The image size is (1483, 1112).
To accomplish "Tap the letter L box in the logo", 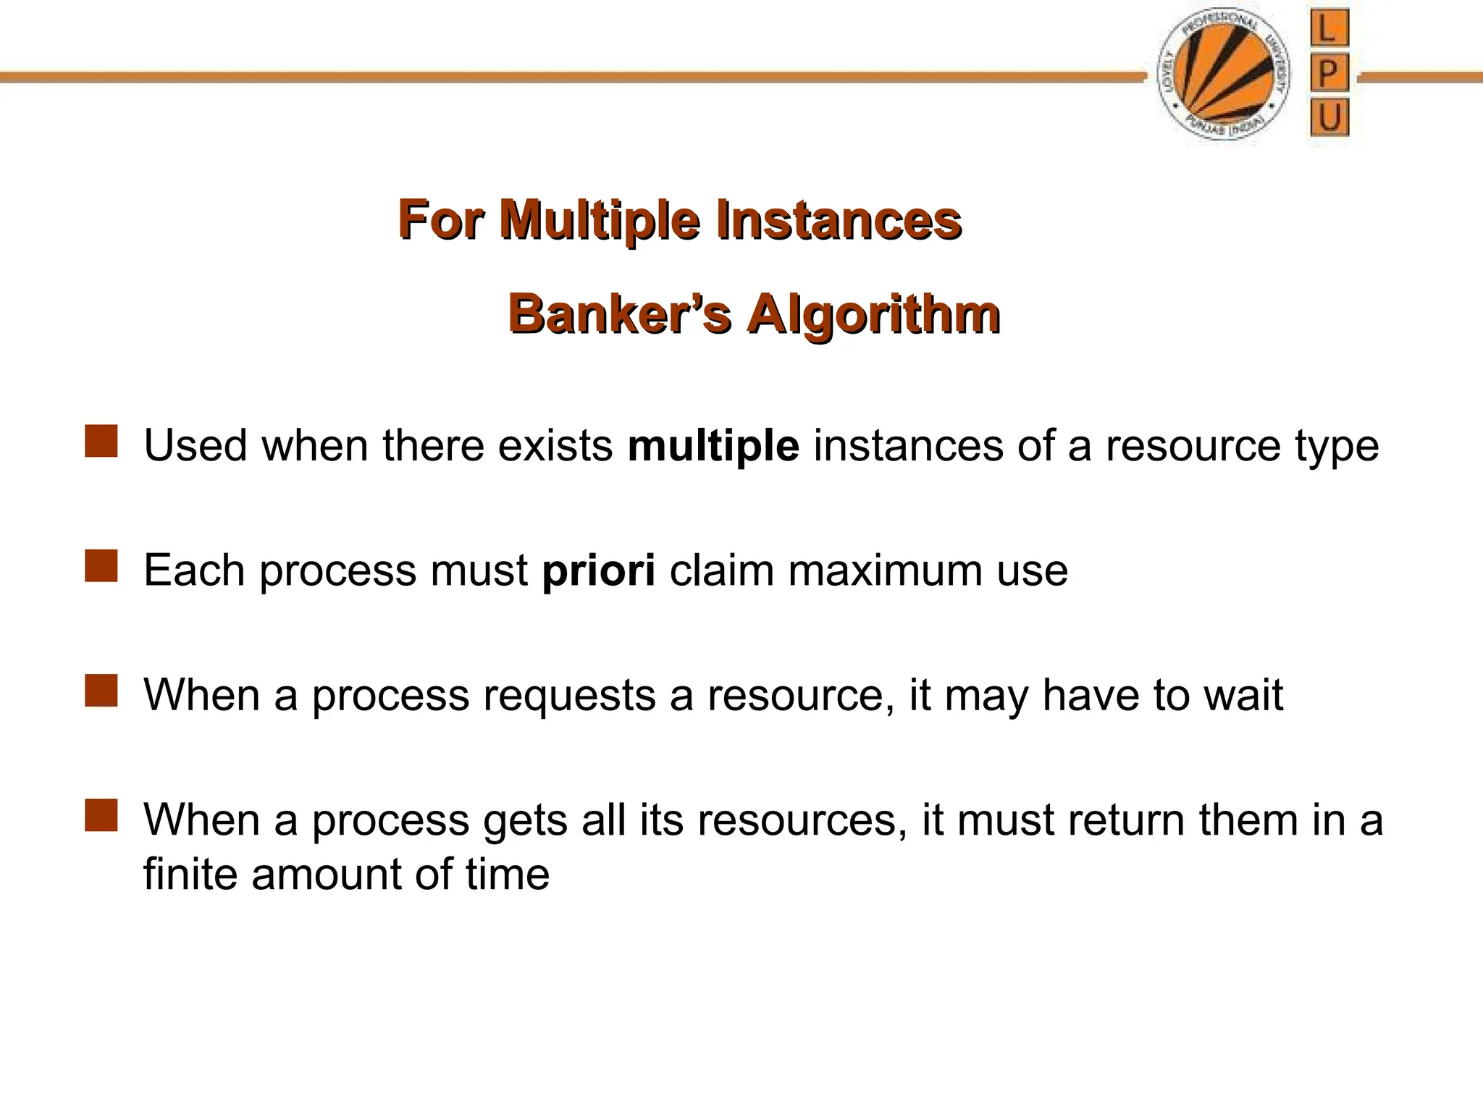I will click(x=1329, y=30).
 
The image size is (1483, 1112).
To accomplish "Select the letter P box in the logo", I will click(x=1329, y=74).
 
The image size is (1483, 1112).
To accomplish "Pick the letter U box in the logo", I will click(x=1329, y=117).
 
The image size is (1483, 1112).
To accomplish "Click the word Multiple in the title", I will click(x=600, y=220).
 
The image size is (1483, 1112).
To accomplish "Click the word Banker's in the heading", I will click(x=619, y=315).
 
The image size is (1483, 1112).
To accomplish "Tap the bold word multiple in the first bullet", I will click(x=713, y=445).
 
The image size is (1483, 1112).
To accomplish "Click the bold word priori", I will click(x=599, y=570).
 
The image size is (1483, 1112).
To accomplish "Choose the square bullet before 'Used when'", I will click(x=101, y=442).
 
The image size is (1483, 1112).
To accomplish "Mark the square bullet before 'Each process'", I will click(x=101, y=566).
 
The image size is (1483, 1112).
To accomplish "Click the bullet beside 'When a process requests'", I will click(x=101, y=691).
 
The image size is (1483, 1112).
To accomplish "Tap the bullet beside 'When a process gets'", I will click(x=101, y=816).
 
